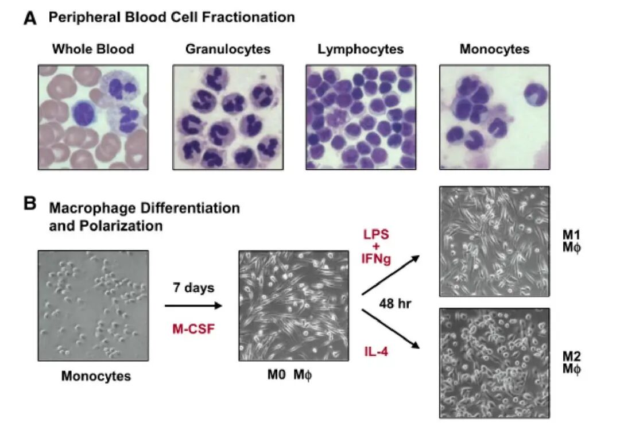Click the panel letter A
pyautogui.click(x=30, y=18)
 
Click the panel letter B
pyautogui.click(x=30, y=203)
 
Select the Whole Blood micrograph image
pyautogui.click(x=94, y=118)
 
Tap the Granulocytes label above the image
pyautogui.click(x=228, y=49)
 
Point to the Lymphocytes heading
pyautogui.click(x=361, y=49)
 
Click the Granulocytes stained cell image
pyautogui.click(x=228, y=118)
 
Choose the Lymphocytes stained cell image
pyautogui.click(x=361, y=118)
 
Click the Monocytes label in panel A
pyautogui.click(x=494, y=49)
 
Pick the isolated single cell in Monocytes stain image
pyautogui.click(x=536, y=95)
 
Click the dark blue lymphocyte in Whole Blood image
pyautogui.click(x=84, y=114)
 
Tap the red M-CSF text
pyautogui.click(x=193, y=329)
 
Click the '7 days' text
pyautogui.click(x=193, y=288)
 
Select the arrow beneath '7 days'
pyautogui.click(x=193, y=305)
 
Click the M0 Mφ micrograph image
pyautogui.click(x=294, y=306)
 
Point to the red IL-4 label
pyautogui.click(x=376, y=351)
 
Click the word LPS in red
pyautogui.click(x=376, y=234)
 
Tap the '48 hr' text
pyautogui.click(x=395, y=303)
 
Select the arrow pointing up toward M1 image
pyautogui.click(x=391, y=275)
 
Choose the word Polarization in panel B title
pyautogui.click(x=121, y=226)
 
